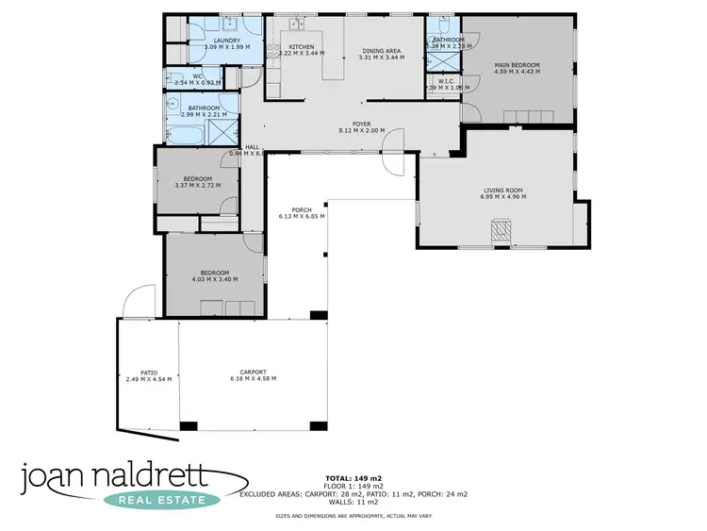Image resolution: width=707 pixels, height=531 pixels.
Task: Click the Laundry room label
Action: tap(227, 41)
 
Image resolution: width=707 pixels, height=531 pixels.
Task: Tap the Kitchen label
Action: tap(302, 47)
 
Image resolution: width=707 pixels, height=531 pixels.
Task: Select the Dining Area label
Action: tap(382, 50)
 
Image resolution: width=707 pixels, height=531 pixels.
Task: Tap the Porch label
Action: tap(302, 209)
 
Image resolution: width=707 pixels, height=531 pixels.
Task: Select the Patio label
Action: tap(149, 373)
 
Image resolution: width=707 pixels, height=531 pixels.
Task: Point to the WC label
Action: tap(198, 76)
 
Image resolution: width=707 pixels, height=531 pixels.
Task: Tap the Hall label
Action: tap(252, 147)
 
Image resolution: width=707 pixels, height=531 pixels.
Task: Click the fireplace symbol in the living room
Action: tap(503, 230)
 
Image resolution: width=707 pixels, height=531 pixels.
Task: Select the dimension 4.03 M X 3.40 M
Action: tap(215, 279)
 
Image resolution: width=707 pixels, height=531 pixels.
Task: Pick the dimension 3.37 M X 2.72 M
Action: tap(198, 185)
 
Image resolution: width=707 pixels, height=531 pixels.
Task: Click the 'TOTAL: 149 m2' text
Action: tap(353, 478)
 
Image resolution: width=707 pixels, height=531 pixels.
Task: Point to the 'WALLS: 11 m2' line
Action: tap(353, 501)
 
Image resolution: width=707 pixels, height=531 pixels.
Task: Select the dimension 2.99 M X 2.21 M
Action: tap(204, 115)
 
